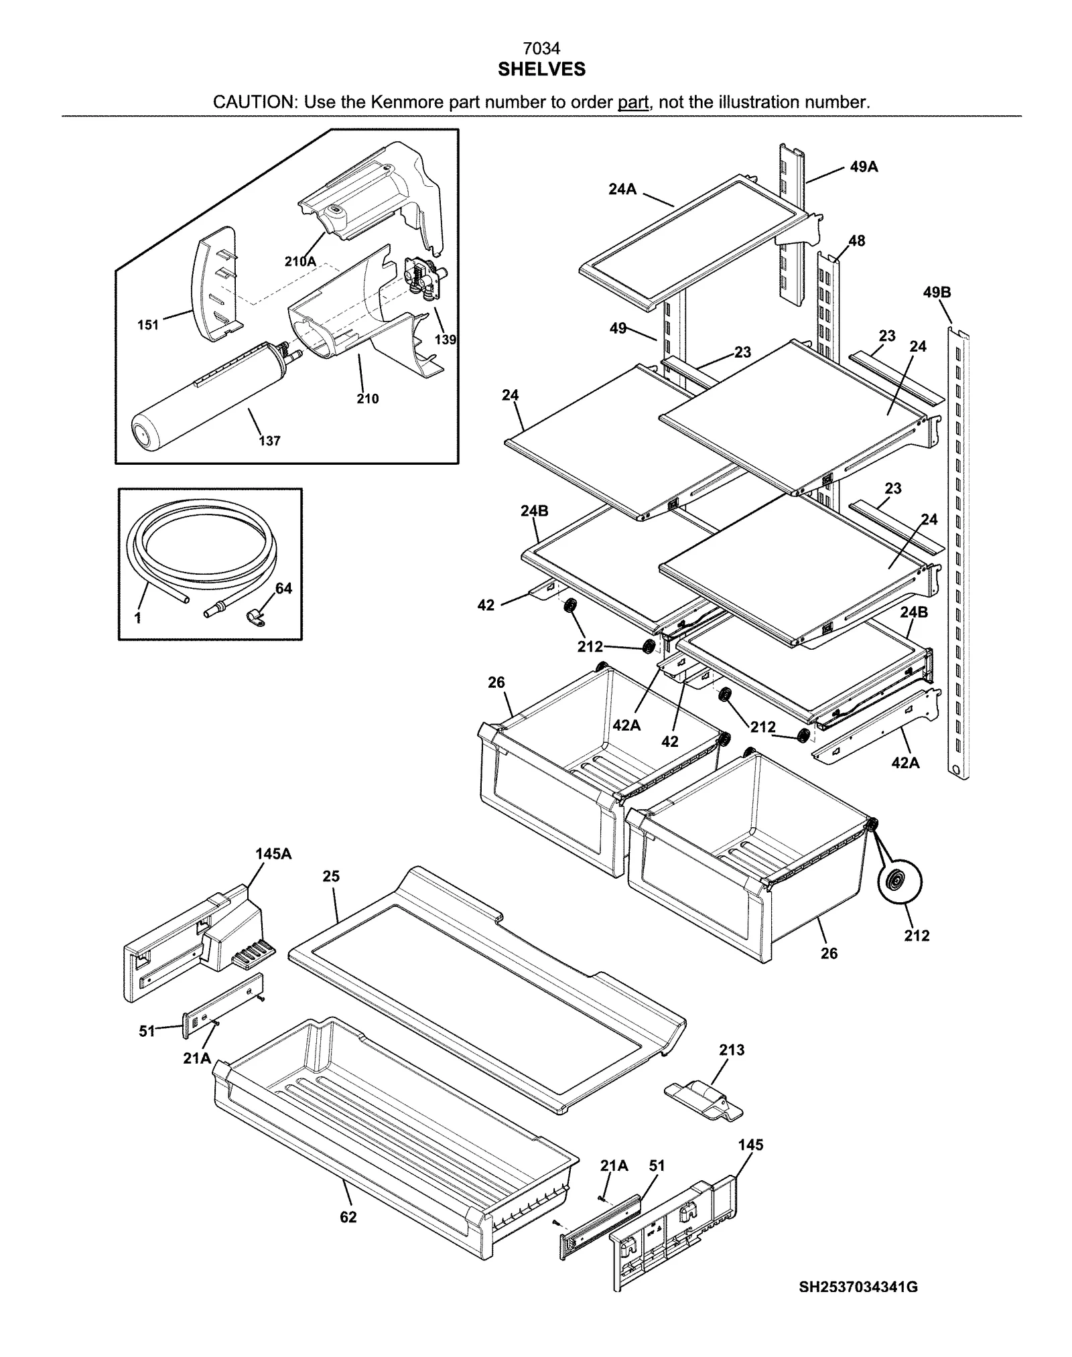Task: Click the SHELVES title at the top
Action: pos(541,69)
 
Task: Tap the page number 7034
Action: pos(541,48)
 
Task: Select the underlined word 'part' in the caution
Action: pos(632,102)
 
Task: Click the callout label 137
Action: pos(269,441)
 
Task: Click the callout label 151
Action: pos(148,325)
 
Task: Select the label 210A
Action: pos(300,262)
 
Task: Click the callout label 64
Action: pos(283,588)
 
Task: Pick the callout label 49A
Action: pos(864,167)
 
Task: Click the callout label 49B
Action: pos(937,293)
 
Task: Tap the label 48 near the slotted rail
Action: pos(856,240)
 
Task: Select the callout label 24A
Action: pos(622,190)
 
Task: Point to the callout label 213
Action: pos(732,1050)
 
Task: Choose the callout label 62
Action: pos(348,1217)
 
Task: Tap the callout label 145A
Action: pos(273,854)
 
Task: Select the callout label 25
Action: pos(331,876)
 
